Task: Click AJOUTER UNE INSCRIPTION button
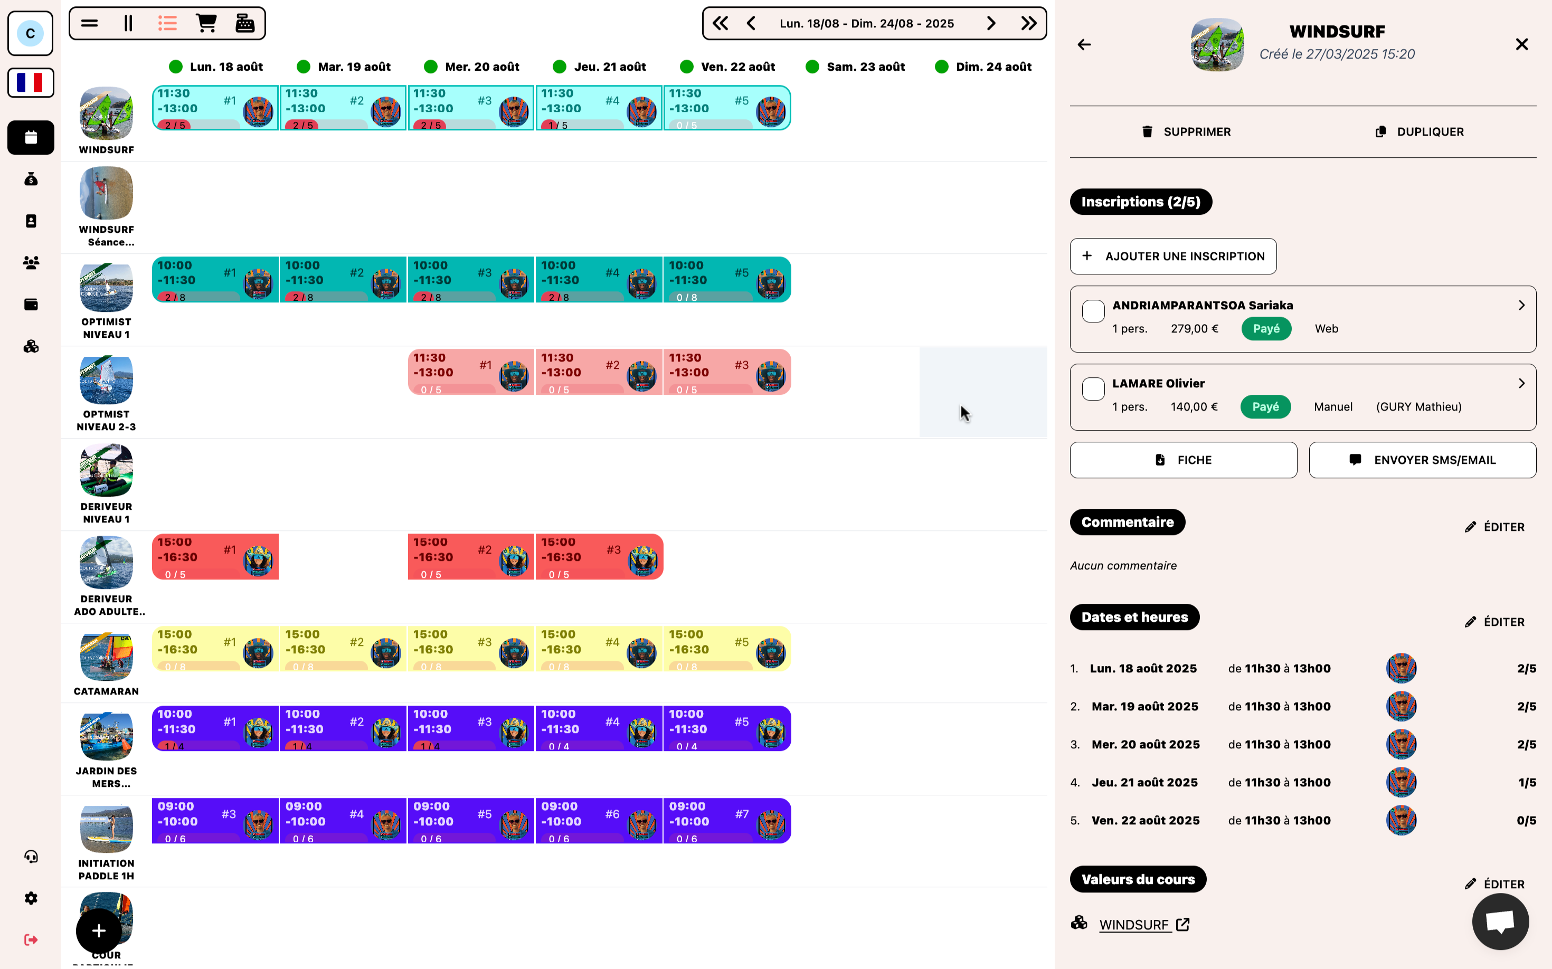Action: (x=1172, y=256)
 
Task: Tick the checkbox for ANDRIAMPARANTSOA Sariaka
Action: (x=1093, y=311)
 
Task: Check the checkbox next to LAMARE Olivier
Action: (x=1093, y=389)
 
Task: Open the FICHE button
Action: (x=1183, y=460)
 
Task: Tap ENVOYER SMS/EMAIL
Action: (x=1422, y=460)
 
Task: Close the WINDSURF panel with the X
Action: (x=1521, y=44)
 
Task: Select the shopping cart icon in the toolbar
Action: (x=206, y=24)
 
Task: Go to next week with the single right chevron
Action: (x=991, y=24)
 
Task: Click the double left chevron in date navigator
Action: (x=720, y=24)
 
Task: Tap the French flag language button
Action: (x=30, y=83)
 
